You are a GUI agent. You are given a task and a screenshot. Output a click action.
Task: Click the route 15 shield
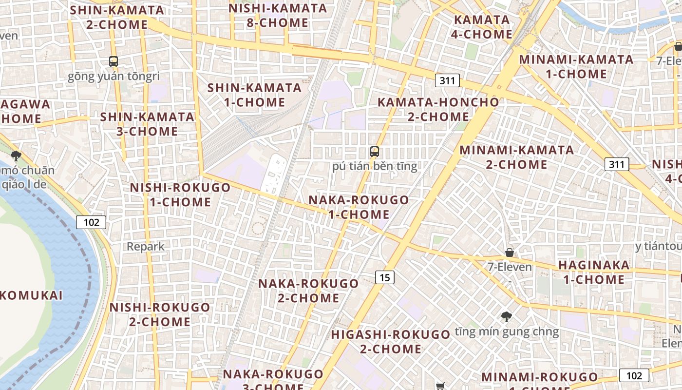click(x=385, y=277)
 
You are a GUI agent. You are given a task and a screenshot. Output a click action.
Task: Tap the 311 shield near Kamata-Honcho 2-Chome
click(x=447, y=80)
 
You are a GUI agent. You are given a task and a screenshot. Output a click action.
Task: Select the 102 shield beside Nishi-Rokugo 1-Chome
click(x=91, y=222)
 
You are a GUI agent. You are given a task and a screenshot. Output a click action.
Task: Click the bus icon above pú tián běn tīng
click(x=374, y=151)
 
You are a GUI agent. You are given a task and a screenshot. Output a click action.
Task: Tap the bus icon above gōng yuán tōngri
click(x=114, y=61)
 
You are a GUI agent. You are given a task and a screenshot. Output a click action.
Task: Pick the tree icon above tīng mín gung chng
click(x=507, y=317)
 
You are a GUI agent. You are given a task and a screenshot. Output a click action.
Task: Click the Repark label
click(x=146, y=246)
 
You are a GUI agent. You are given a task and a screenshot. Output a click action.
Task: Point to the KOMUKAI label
click(x=31, y=295)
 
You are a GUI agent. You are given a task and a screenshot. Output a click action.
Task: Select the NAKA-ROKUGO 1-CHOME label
click(x=359, y=207)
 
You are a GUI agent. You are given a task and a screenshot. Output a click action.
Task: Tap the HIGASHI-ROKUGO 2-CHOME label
click(x=391, y=342)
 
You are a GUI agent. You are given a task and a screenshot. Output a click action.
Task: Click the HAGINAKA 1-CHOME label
click(x=594, y=273)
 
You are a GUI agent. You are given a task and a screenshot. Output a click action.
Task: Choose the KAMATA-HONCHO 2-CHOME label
click(x=438, y=109)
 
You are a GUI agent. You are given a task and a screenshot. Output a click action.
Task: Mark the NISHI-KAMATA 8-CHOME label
click(x=278, y=15)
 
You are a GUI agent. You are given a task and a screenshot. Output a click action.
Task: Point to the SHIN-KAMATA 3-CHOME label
click(x=147, y=124)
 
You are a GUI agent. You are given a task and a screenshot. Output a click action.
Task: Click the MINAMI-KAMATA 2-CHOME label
click(x=517, y=157)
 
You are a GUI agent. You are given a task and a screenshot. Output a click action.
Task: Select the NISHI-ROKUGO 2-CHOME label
click(x=160, y=314)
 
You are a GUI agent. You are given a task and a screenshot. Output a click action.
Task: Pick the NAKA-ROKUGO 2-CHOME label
click(x=308, y=291)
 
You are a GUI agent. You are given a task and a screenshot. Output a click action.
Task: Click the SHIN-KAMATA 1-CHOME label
click(x=254, y=95)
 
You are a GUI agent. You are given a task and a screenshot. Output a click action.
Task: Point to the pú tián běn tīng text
click(x=375, y=166)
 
